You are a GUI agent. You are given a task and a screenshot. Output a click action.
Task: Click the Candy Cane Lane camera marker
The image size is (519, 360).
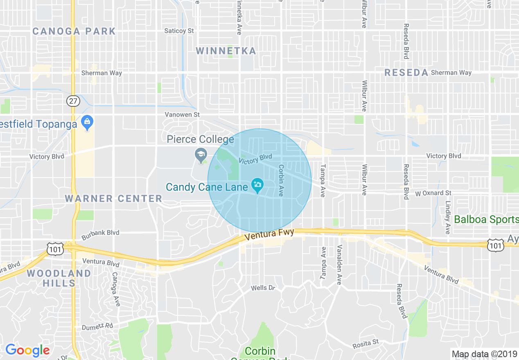click(x=257, y=185)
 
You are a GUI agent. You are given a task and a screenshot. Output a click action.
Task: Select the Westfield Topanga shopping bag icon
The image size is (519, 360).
click(x=87, y=122)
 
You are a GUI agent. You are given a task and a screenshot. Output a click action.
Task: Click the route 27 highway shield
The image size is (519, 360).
click(x=74, y=101)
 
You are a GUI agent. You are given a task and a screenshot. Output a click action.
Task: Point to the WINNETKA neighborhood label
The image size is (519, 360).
click(x=226, y=51)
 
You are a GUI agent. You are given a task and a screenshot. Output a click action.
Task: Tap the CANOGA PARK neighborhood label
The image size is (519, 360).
click(x=74, y=31)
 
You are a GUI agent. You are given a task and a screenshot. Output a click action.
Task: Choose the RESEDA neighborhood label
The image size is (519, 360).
click(x=406, y=73)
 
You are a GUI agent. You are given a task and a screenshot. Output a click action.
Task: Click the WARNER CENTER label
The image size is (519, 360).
click(x=114, y=199)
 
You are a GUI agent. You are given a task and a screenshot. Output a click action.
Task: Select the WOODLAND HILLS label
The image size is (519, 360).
click(x=59, y=278)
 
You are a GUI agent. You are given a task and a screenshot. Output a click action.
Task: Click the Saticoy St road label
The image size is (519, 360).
click(x=179, y=31)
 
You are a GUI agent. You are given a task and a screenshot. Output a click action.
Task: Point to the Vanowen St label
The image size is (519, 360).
click(x=182, y=115)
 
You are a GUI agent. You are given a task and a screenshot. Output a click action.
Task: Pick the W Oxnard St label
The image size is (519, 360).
click(x=433, y=193)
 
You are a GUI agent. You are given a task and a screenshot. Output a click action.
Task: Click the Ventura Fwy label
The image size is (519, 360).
click(x=269, y=235)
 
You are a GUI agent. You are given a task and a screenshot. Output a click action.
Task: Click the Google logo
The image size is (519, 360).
click(x=27, y=350)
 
